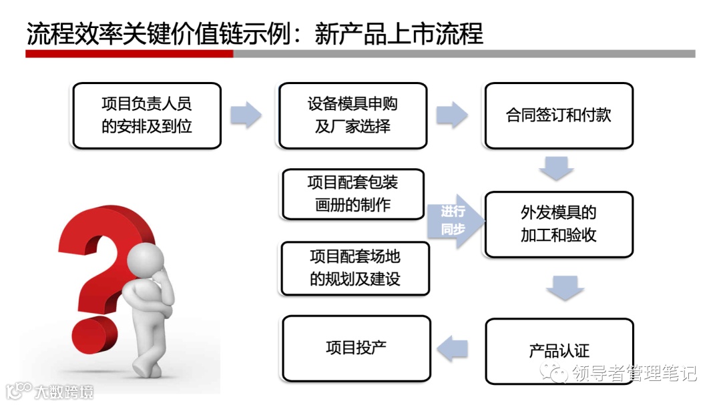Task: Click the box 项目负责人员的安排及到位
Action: click(x=146, y=115)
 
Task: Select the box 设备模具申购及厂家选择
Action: click(x=352, y=115)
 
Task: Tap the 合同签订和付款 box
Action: click(x=559, y=115)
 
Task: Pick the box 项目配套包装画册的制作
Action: click(x=353, y=193)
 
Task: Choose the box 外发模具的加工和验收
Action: click(x=559, y=224)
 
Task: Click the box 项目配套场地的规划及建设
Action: click(x=354, y=268)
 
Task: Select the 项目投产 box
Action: click(x=356, y=348)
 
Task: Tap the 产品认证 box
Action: click(x=559, y=350)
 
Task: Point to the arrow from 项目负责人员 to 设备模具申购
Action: click(x=246, y=114)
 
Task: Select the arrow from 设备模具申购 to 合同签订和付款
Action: click(x=452, y=114)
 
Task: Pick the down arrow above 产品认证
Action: click(x=564, y=288)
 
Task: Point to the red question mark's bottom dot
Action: click(x=89, y=334)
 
